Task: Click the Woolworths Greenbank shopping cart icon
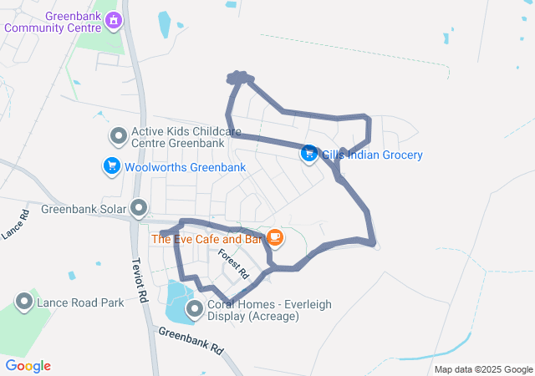click(111, 167)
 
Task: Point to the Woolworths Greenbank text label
click(185, 167)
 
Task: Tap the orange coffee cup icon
click(275, 239)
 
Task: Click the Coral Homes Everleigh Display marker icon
click(195, 310)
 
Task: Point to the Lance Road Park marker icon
click(24, 302)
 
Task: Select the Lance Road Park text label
click(80, 302)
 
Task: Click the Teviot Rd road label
click(140, 279)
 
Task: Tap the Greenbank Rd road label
click(191, 338)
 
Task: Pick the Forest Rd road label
click(234, 262)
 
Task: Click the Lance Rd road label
click(15, 225)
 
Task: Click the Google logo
click(28, 365)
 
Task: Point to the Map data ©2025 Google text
click(483, 369)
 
